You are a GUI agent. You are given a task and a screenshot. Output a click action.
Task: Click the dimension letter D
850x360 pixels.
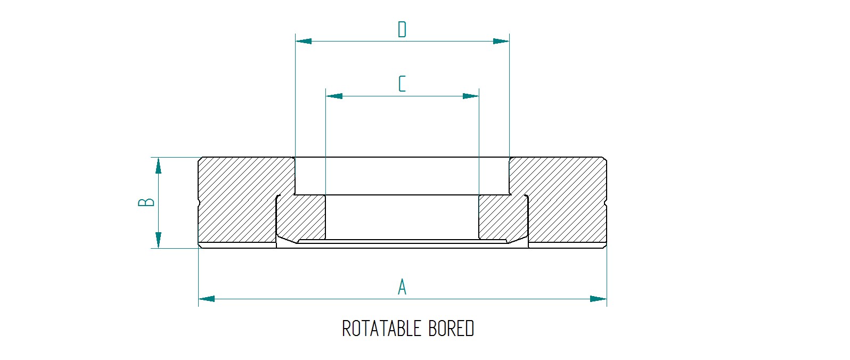402,29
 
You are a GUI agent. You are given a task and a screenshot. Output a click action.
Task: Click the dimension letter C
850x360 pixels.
402,84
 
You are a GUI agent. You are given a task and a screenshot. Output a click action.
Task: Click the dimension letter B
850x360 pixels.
146,202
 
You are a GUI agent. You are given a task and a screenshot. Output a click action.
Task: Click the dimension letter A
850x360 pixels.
402,287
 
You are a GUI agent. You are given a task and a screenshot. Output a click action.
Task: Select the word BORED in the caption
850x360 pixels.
451,329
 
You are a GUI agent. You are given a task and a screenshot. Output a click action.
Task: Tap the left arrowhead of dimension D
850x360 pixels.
304,41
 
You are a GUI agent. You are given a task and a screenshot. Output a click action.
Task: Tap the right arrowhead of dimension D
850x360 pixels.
501,41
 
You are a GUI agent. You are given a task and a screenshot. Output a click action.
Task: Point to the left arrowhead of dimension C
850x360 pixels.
334,96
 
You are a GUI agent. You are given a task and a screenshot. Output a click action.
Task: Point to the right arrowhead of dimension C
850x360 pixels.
471,96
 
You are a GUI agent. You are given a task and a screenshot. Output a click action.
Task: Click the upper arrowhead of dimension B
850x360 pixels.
158,166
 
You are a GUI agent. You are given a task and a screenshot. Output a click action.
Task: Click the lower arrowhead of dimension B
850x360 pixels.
158,240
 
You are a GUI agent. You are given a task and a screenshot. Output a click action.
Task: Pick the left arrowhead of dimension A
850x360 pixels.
207,299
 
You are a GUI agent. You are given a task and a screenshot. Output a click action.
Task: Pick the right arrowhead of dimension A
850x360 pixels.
599,299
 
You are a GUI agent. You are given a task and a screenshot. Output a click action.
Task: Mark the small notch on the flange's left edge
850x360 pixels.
199,202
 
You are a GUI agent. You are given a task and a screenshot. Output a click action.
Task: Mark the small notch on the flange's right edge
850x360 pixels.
606,202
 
